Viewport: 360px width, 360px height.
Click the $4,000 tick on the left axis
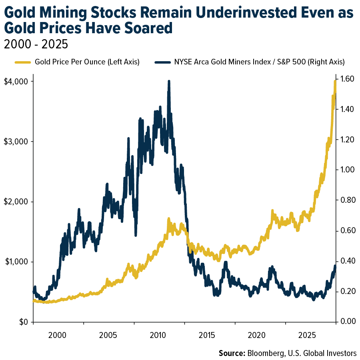15,81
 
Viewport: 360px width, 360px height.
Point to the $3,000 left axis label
15,142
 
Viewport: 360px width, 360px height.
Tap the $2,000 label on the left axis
15,202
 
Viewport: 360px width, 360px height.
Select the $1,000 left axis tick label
15,262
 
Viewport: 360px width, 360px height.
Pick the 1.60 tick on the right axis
346,79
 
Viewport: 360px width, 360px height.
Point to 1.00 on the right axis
346,170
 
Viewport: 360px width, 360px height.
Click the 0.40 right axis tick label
346,261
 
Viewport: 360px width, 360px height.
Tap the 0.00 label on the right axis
346,322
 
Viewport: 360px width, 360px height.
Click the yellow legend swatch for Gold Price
22,62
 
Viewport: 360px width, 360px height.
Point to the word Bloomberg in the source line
266,353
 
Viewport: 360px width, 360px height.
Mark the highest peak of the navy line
169,81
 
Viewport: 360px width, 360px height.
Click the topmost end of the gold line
335,81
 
